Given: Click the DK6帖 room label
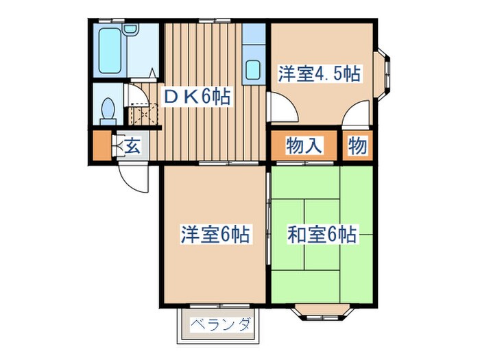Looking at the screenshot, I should pos(195,97).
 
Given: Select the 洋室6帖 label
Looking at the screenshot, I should pos(214,235).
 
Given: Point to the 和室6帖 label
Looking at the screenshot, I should pos(321,235).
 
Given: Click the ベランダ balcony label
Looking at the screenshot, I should pos(219,324).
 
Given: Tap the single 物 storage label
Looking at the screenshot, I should pos(357,145).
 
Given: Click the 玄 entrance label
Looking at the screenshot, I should pos(133,145).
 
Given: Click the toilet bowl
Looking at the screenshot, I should pos(107,110).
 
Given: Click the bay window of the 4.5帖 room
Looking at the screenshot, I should pos(387,72).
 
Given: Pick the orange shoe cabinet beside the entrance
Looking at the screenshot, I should pos(101,145).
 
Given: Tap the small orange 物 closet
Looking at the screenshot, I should pos(357,145).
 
